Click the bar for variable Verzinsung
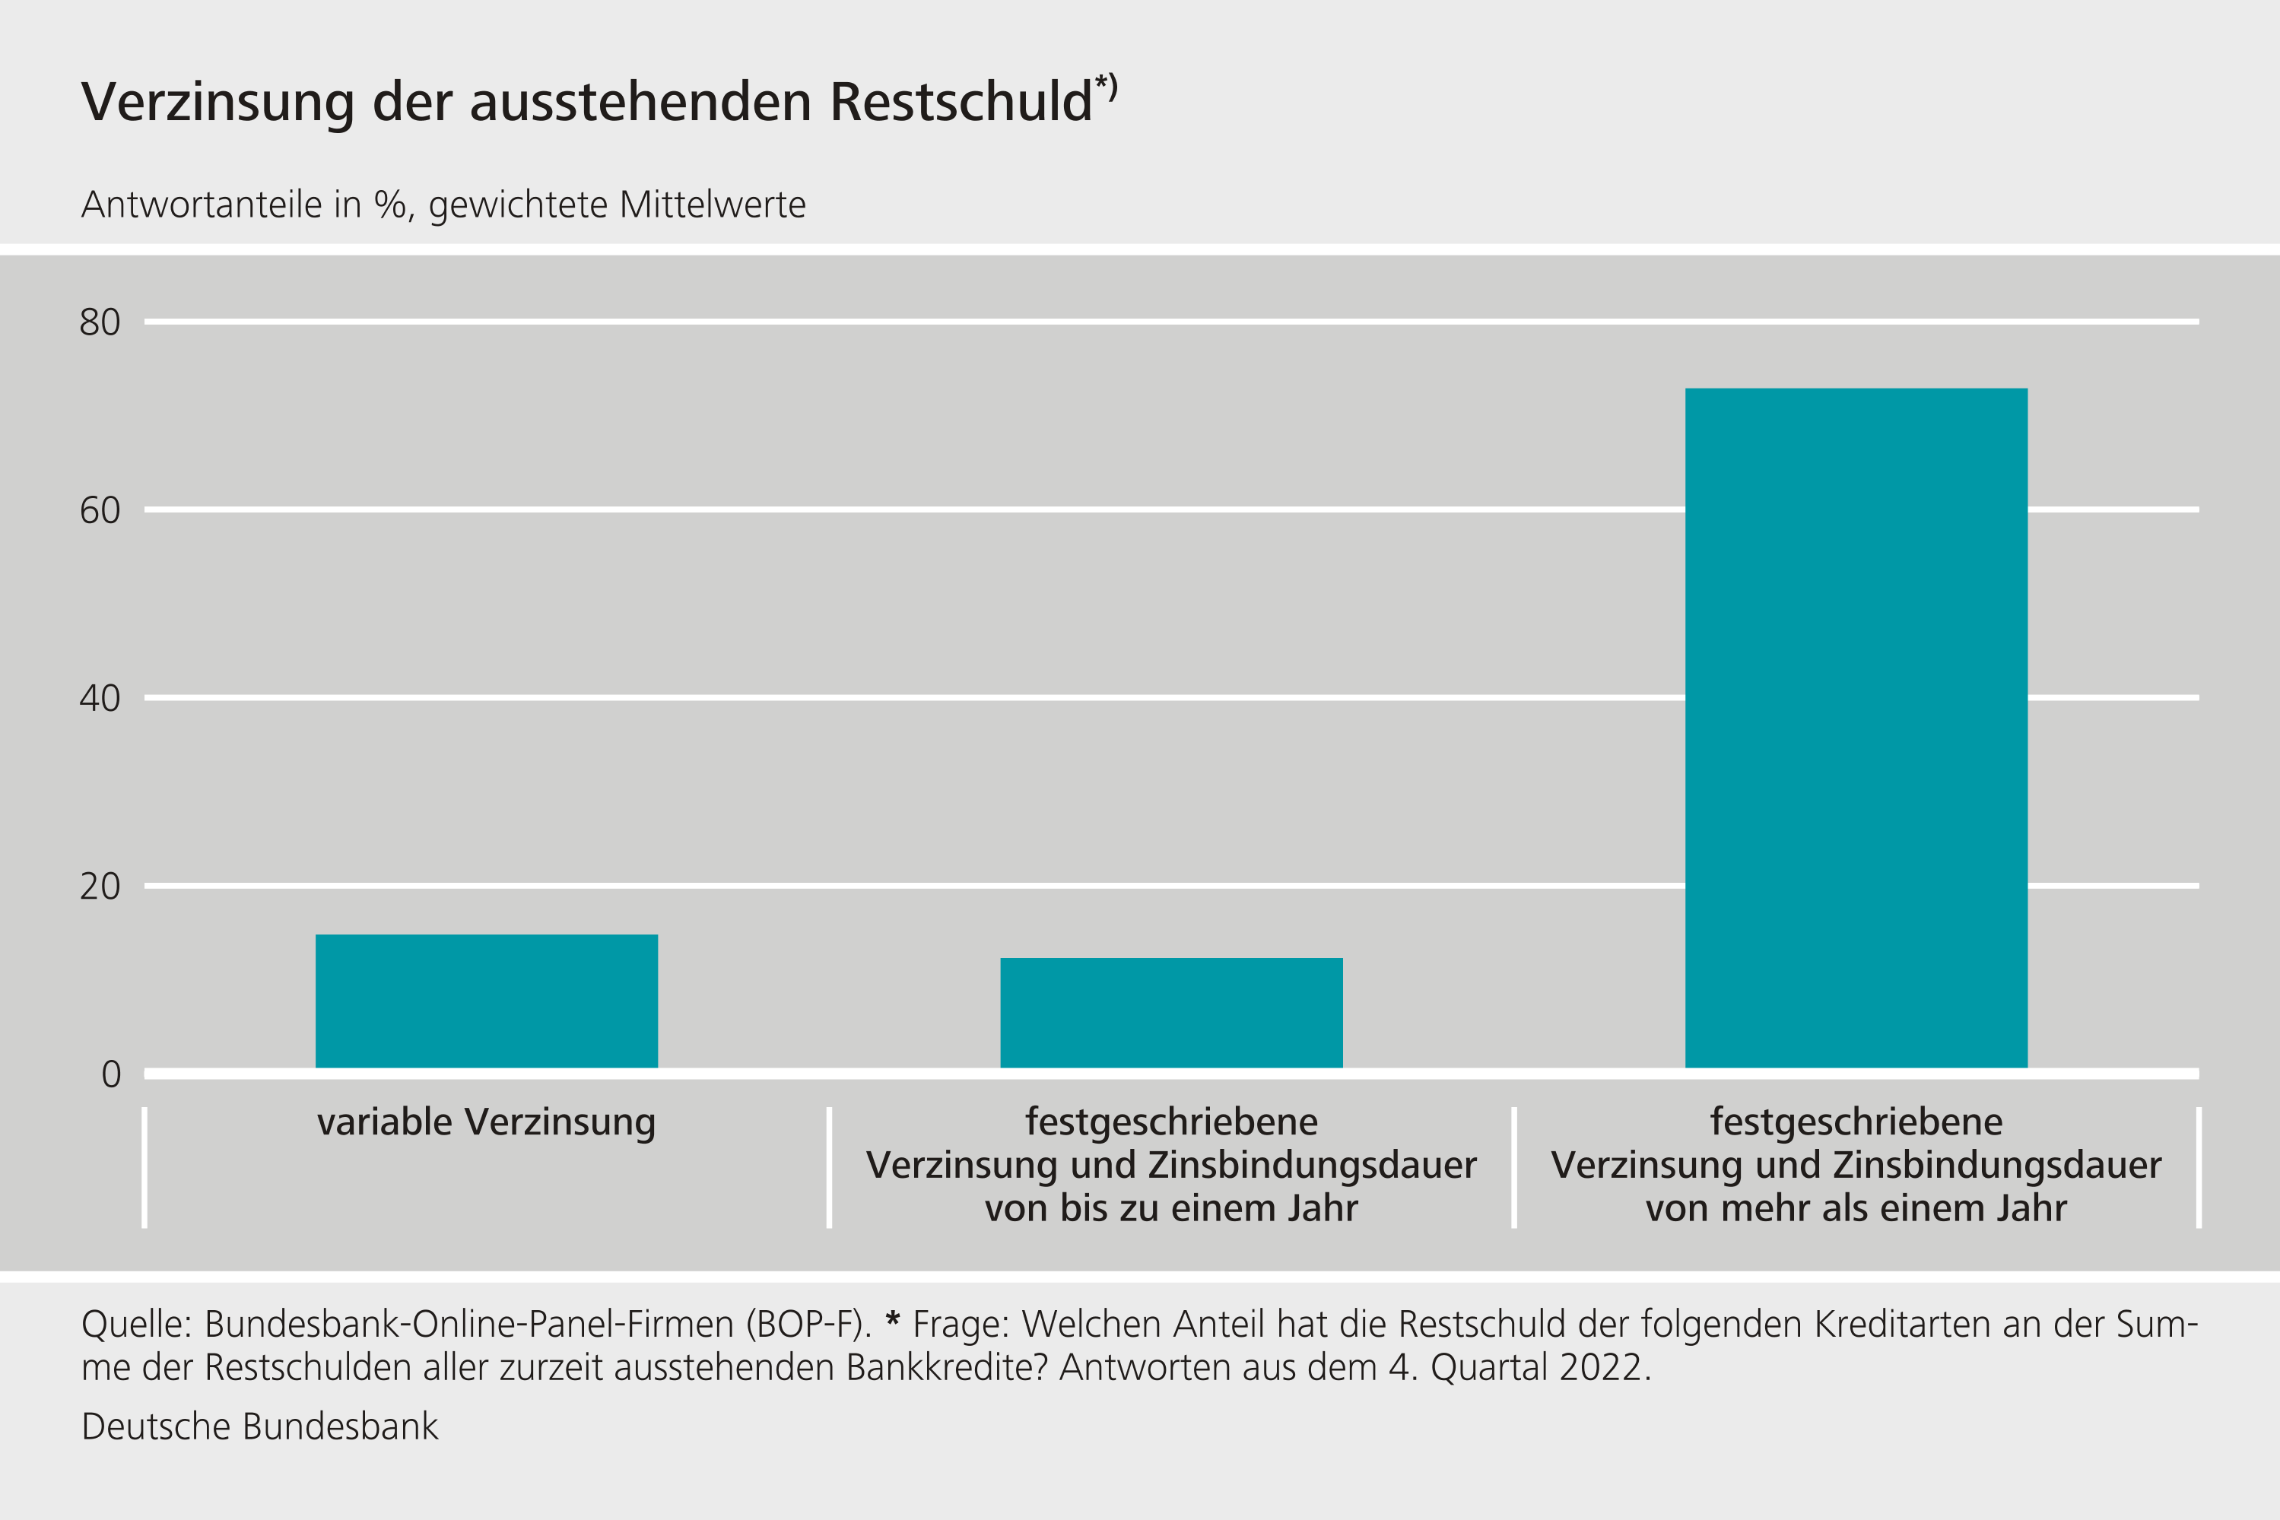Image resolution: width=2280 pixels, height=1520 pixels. (487, 1001)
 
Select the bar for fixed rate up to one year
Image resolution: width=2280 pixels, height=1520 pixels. (1171, 1012)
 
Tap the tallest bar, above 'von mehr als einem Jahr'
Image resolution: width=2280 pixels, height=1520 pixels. (1856, 727)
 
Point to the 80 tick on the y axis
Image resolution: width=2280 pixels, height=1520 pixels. (100, 322)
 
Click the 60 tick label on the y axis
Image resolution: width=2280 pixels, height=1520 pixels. (100, 510)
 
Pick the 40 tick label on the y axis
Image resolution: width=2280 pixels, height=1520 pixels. (100, 698)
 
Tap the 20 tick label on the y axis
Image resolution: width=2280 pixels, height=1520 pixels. (100, 886)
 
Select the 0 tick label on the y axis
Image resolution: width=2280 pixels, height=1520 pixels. (112, 1074)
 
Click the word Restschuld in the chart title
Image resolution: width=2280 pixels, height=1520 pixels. (961, 102)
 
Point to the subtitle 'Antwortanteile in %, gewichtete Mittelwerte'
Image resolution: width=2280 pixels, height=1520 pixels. (443, 205)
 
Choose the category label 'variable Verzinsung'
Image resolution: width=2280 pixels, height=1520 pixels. (487, 1122)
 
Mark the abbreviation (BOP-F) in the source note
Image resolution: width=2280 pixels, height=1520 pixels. (809, 1324)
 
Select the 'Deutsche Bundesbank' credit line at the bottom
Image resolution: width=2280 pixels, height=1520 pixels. (260, 1427)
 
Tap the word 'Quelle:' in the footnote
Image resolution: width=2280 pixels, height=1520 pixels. (137, 1324)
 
